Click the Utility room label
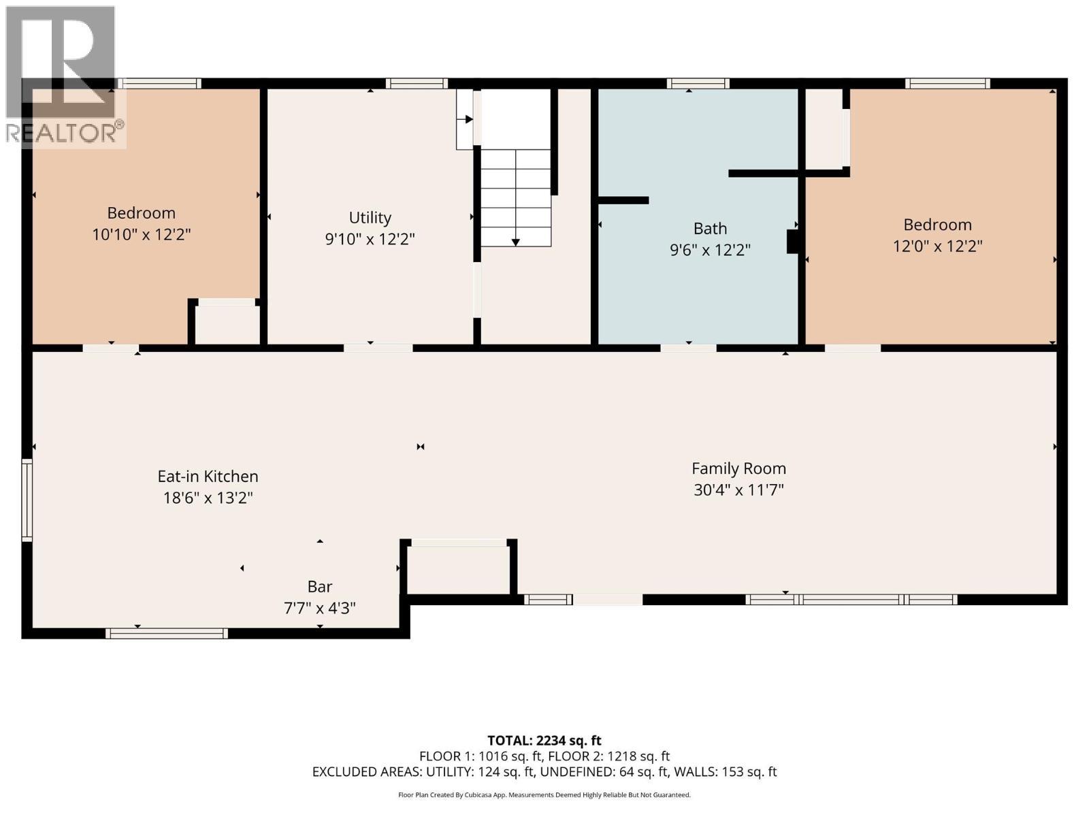click(x=370, y=218)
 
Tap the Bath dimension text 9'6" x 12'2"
click(x=710, y=251)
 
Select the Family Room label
click(x=738, y=468)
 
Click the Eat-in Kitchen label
click(x=208, y=477)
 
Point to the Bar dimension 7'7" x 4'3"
click(x=319, y=608)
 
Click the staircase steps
click(x=516, y=197)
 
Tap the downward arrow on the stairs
click(x=515, y=242)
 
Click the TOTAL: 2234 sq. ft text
click(x=544, y=740)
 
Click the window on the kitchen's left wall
click(x=27, y=500)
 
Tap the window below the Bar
click(x=166, y=633)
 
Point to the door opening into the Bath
click(x=688, y=348)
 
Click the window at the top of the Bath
click(x=698, y=84)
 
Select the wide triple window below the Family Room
click(x=851, y=600)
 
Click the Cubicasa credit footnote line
click(x=544, y=795)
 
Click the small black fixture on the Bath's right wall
click(x=792, y=242)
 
